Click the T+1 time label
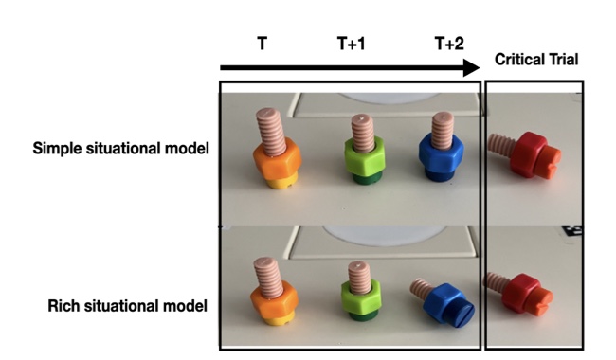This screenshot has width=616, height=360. (x=352, y=44)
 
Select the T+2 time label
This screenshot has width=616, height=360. (x=449, y=44)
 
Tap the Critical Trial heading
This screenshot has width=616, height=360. (x=536, y=60)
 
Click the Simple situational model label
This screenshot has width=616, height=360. (x=120, y=149)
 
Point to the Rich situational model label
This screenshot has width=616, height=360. (x=127, y=306)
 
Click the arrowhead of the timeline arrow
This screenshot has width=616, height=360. (x=471, y=68)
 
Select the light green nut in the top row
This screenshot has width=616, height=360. (x=365, y=157)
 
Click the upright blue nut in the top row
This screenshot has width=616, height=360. (x=442, y=154)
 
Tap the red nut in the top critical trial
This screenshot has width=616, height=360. (x=529, y=154)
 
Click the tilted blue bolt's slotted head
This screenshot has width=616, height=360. (x=461, y=313)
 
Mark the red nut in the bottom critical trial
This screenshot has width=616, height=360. (x=519, y=293)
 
